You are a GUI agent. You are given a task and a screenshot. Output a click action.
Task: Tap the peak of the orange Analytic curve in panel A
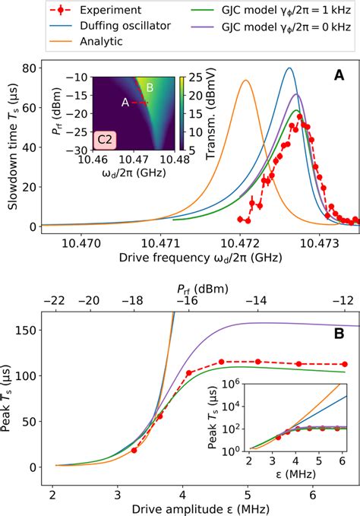pos(245,81)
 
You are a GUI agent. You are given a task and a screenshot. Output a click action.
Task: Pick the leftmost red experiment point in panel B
pos(134,450)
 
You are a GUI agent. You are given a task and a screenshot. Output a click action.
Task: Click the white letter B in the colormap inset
pos(150,89)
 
